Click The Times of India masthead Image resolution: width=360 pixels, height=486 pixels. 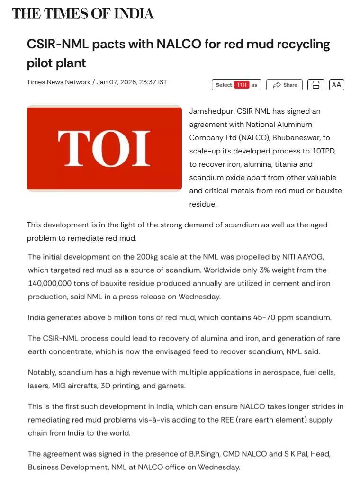click(83, 14)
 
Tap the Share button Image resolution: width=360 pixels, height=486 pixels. click(284, 85)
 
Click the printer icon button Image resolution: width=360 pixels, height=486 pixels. click(316, 85)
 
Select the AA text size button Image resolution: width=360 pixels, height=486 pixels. click(336, 85)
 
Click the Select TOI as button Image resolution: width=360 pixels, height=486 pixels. click(236, 85)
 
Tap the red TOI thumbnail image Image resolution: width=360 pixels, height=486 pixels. click(104, 148)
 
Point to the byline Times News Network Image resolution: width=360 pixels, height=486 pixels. click(58, 82)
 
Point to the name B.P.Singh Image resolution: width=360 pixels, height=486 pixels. click(204, 454)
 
